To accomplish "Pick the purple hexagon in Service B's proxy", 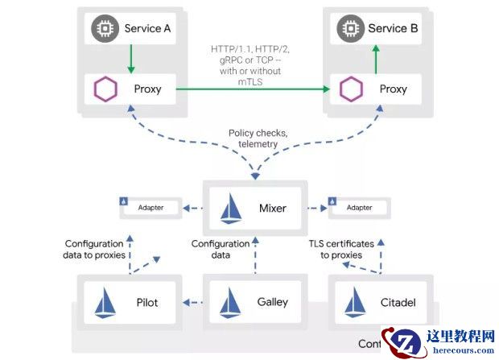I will point(350,89).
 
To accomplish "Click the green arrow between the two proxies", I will point(249,89).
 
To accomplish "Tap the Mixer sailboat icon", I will point(232,208).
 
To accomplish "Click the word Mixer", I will point(273,208).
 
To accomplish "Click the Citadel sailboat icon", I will point(355,303).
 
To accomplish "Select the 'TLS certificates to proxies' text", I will point(341,249).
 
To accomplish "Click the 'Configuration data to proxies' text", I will point(94,249).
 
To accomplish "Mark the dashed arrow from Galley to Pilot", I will point(192,303).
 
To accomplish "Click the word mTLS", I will point(249,81).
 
